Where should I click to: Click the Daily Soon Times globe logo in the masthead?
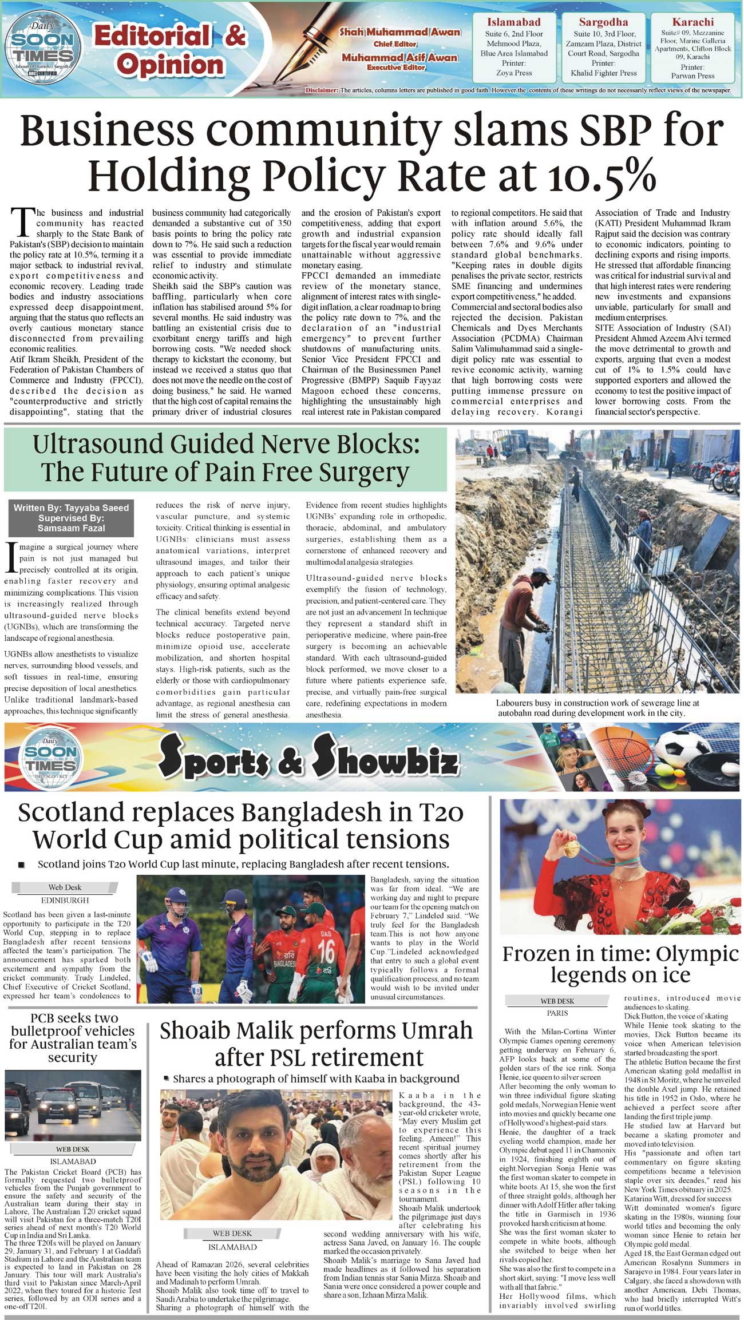tap(43, 48)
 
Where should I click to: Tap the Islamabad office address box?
tap(513, 48)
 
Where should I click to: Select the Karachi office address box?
tap(692, 48)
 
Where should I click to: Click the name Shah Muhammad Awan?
tap(399, 32)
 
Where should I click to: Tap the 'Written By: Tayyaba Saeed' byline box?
tap(71, 508)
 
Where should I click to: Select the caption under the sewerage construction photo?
tap(597, 708)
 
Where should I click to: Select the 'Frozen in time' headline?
tap(620, 964)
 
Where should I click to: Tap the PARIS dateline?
tap(557, 1012)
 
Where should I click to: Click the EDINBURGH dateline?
tap(65, 900)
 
